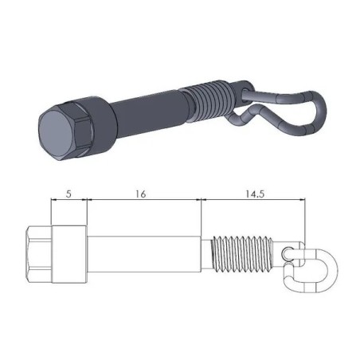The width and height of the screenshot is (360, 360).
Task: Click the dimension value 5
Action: tap(68, 193)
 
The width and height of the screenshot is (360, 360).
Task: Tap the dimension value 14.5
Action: tap(254, 193)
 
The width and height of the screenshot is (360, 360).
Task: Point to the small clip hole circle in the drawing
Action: tap(289, 253)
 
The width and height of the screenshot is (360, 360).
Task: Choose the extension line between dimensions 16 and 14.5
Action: tap(201, 215)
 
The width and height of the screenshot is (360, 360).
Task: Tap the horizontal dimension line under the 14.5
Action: tap(254, 201)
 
